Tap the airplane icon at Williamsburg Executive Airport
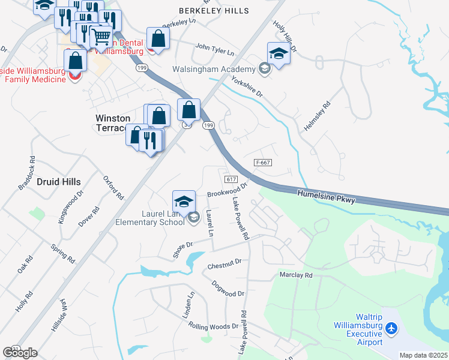tap(392, 328)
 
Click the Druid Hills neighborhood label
tap(58, 181)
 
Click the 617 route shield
tap(232, 180)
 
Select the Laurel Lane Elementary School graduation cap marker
tap(184, 201)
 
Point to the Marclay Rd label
tap(296, 275)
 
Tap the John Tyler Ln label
tap(214, 49)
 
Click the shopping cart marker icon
tap(100, 37)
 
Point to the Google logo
tap(20, 353)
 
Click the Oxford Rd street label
tap(112, 188)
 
